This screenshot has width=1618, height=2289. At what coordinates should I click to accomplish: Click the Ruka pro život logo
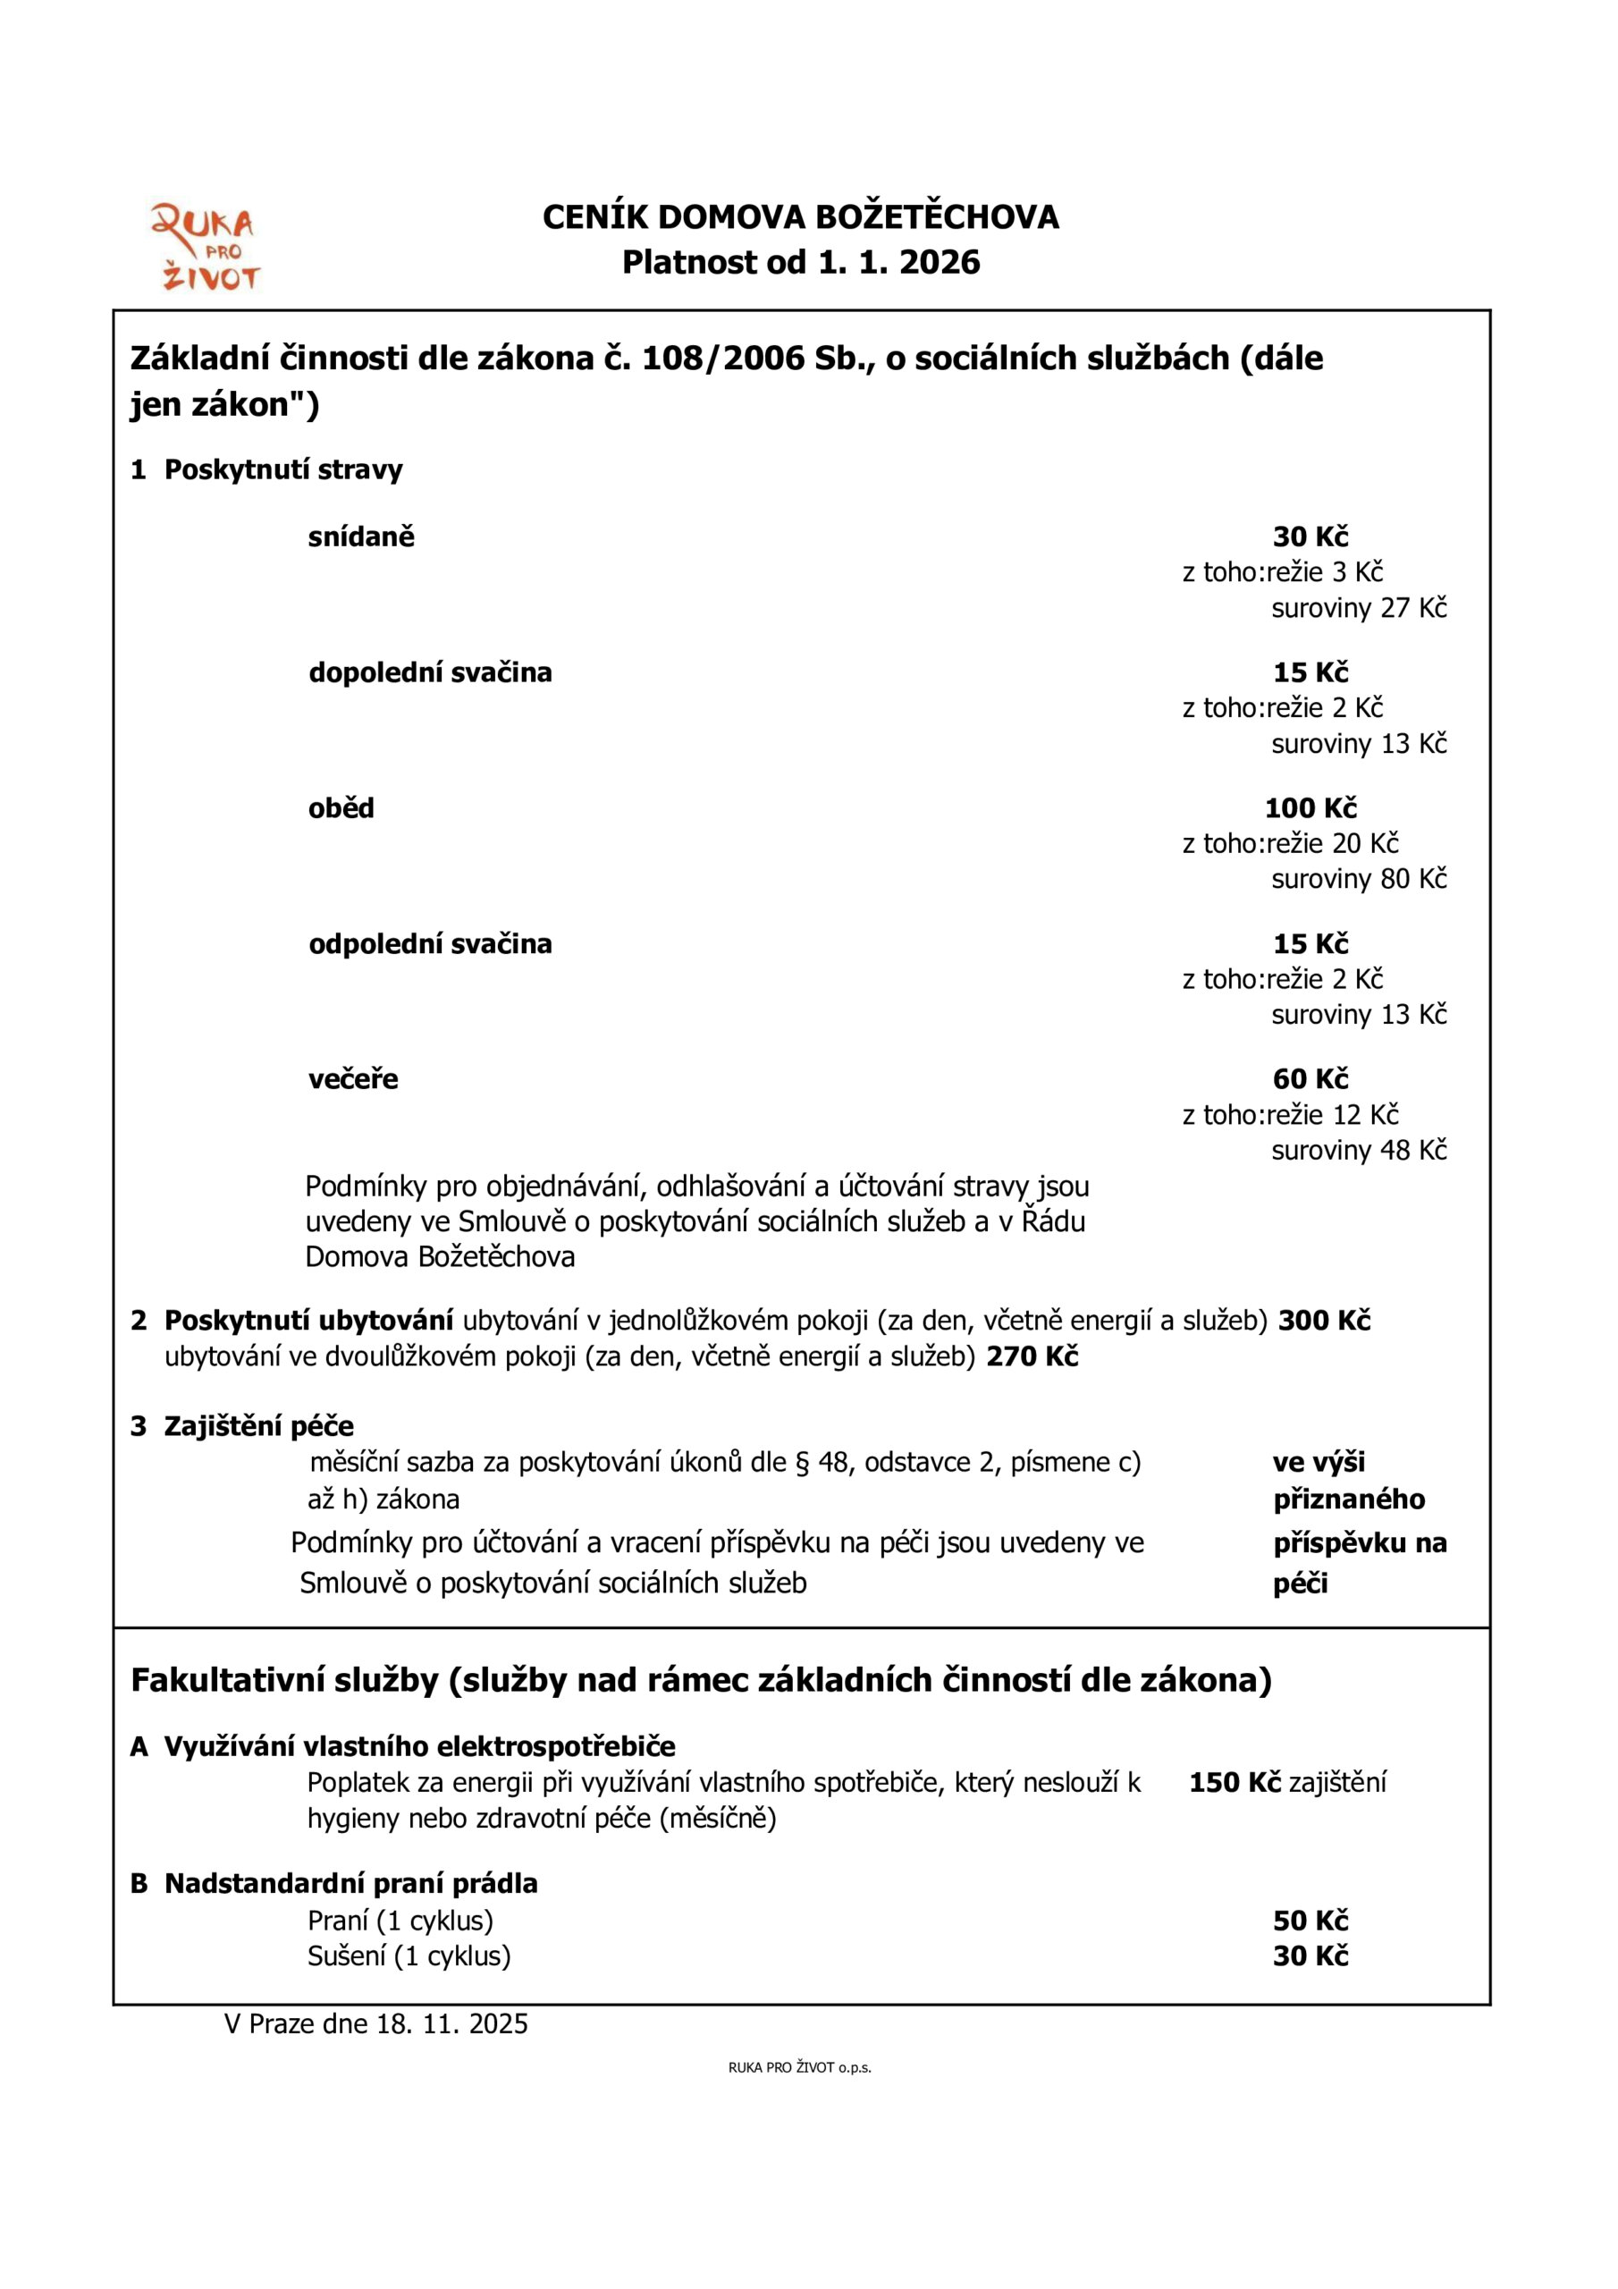(205, 249)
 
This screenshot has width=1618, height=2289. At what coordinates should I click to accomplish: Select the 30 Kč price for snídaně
(1310, 537)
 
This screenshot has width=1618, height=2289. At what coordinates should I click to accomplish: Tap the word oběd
(341, 808)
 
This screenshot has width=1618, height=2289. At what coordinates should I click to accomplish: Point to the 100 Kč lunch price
(1310, 808)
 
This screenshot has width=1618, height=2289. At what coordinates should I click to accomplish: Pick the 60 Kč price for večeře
(1310, 1078)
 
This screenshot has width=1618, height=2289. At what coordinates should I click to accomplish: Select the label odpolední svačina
(430, 944)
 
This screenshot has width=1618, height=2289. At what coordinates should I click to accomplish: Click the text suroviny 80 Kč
(1358, 879)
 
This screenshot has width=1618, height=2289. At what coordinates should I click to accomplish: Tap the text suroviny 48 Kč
(1358, 1151)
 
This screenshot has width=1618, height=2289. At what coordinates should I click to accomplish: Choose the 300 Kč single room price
(1324, 1321)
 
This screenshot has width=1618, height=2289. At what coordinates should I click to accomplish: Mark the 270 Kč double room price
(1032, 1356)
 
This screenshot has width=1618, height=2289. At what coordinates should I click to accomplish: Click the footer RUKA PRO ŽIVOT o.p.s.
(799, 2067)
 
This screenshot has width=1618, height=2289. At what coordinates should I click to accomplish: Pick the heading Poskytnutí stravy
(283, 469)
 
